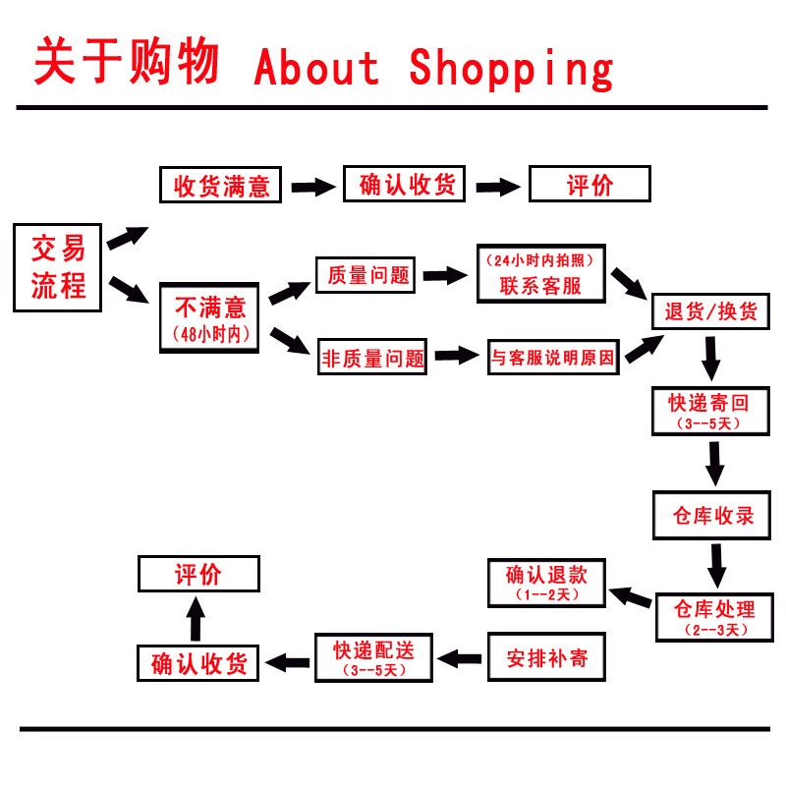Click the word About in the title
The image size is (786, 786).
316,67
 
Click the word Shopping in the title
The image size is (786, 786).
511,67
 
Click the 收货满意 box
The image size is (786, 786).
221,186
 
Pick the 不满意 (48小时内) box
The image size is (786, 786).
208,316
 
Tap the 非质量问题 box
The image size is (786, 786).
373,359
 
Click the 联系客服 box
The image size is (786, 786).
541,274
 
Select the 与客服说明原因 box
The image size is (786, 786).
554,358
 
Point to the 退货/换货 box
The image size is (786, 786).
710,312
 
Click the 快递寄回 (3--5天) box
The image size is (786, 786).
709,411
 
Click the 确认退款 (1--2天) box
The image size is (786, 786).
546,584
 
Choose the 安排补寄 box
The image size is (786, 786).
546,657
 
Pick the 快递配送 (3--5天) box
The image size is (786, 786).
373,657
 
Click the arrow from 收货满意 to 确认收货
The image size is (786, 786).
312,187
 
